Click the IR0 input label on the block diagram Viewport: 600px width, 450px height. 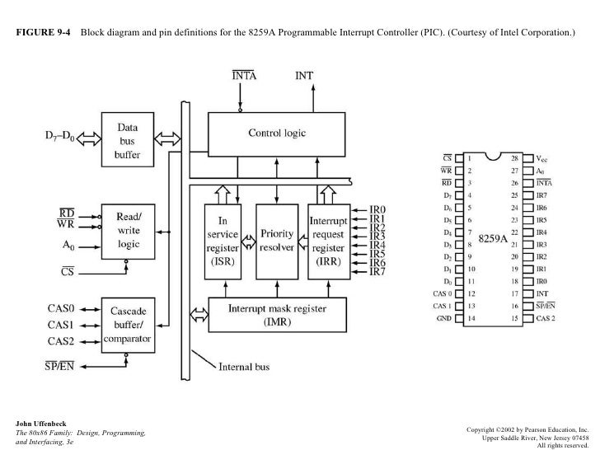click(x=379, y=209)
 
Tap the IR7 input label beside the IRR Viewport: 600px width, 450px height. click(x=379, y=271)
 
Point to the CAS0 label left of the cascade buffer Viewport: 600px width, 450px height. click(x=63, y=308)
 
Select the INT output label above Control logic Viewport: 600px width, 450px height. click(x=306, y=75)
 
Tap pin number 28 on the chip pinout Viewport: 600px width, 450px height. click(x=515, y=157)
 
